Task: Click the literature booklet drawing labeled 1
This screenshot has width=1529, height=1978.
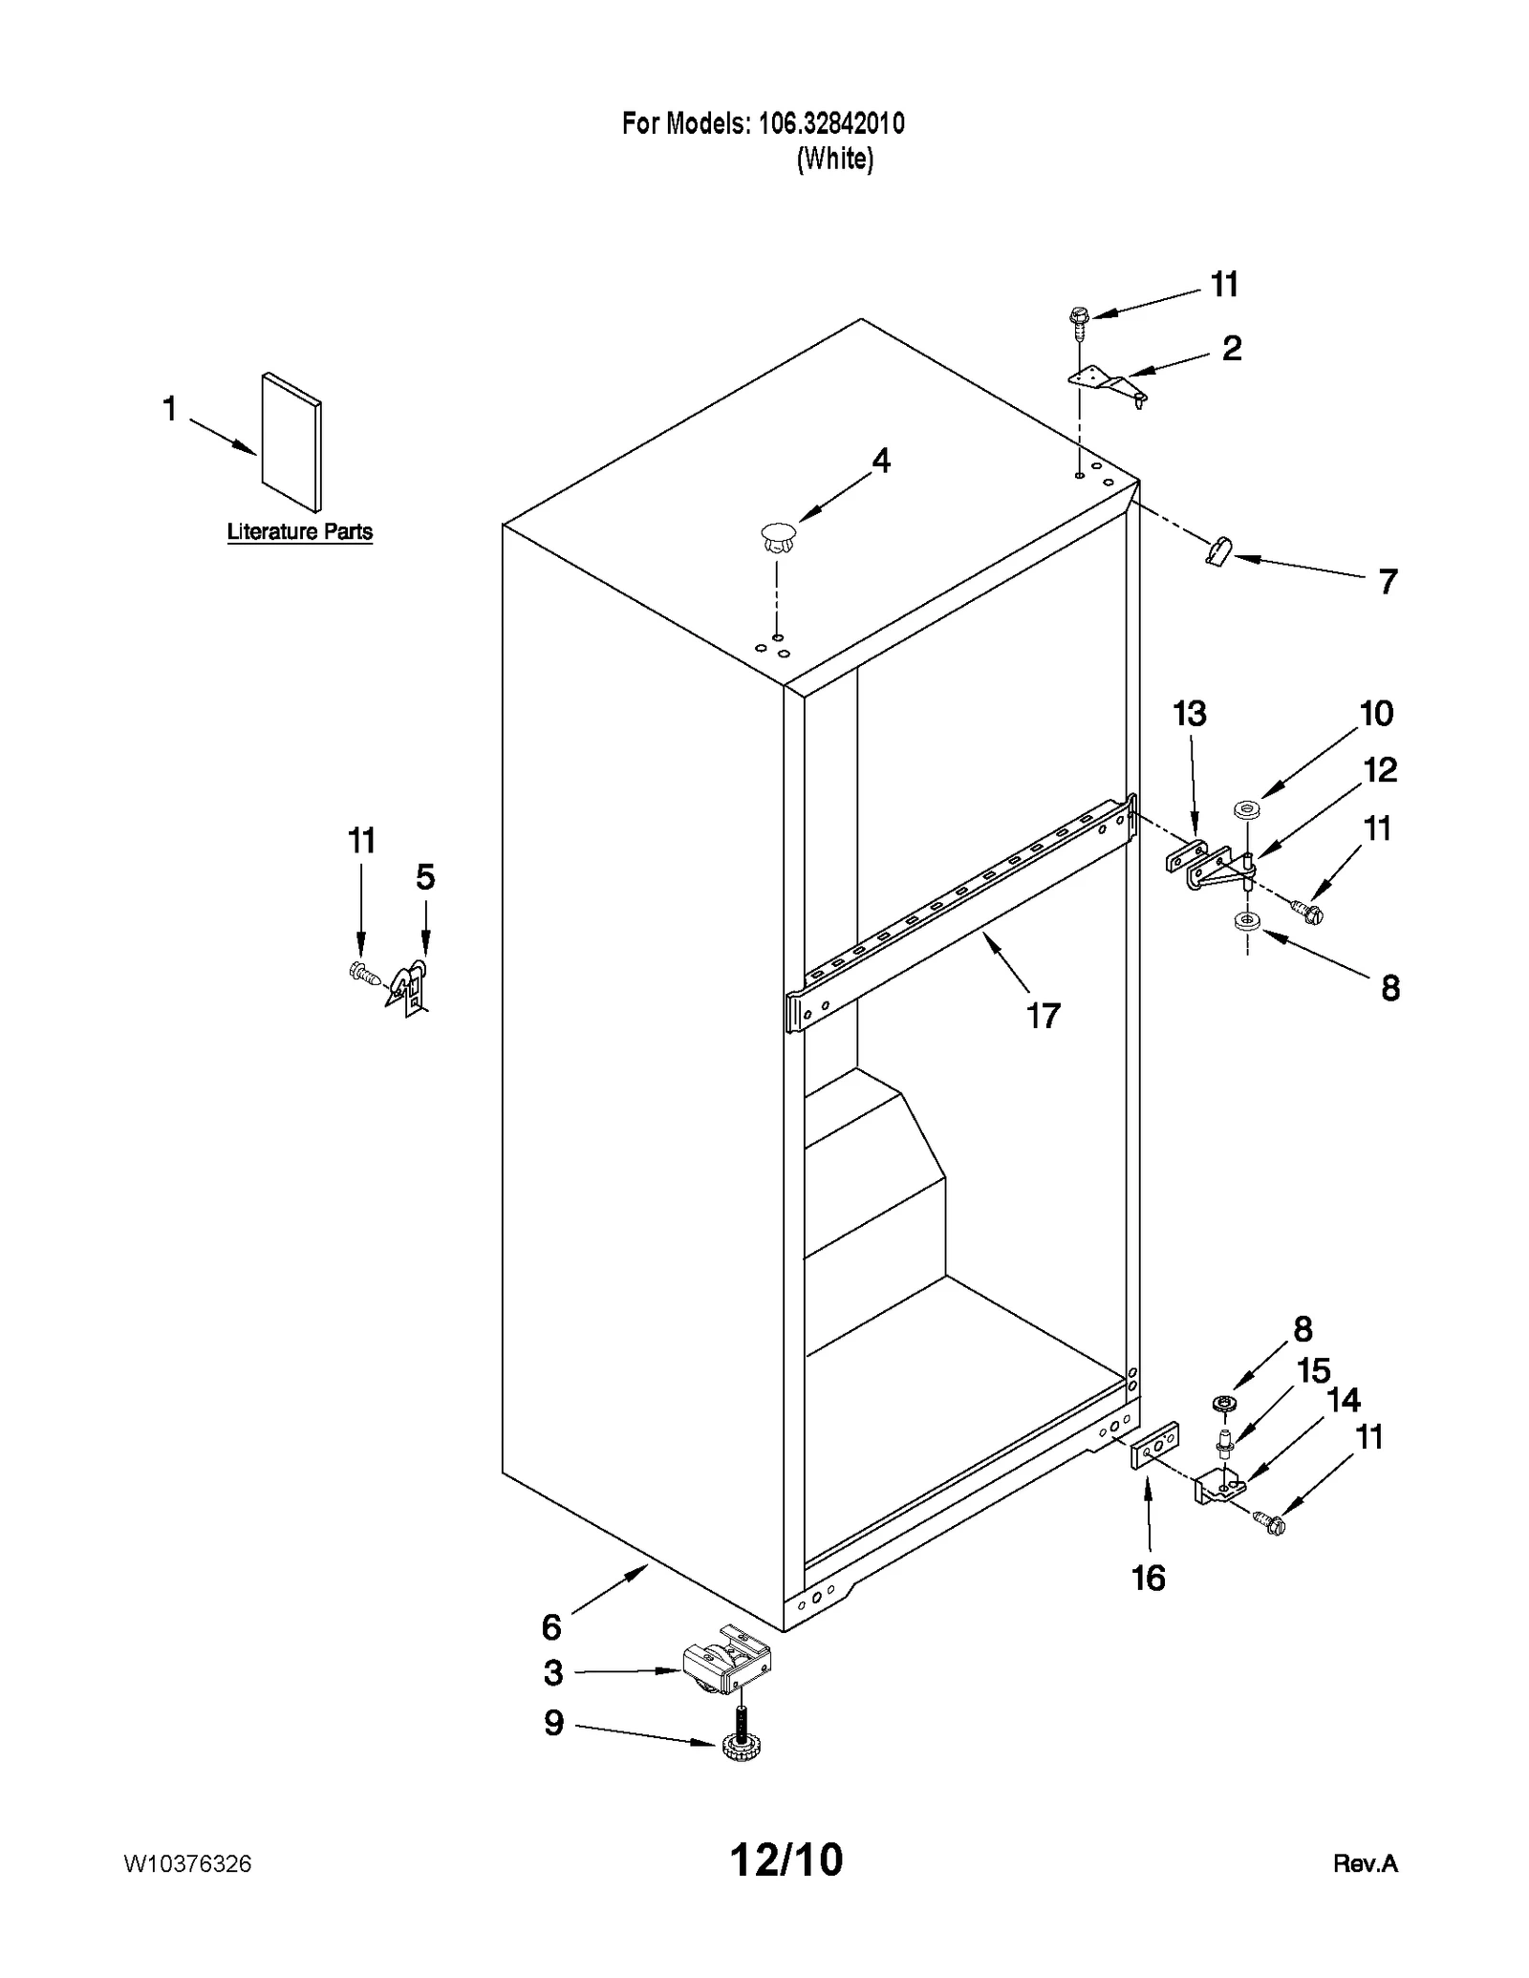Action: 291,441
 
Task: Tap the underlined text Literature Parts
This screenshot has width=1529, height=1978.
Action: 299,531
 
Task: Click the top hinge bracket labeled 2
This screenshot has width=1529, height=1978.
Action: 1109,384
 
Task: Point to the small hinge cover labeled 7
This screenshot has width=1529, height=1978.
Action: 1218,550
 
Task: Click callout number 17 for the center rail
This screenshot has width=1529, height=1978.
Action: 1043,1015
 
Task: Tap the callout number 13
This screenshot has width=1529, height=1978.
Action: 1190,713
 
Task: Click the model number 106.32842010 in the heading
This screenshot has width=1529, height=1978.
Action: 830,123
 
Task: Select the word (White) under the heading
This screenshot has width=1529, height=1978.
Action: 834,158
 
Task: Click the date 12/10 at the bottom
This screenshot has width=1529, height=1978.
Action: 786,1860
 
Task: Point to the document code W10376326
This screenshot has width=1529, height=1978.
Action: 187,1863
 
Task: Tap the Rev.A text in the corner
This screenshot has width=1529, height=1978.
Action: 1365,1863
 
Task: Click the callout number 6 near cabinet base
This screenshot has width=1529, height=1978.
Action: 551,1625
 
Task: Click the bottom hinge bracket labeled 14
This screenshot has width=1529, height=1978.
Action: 1218,1488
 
